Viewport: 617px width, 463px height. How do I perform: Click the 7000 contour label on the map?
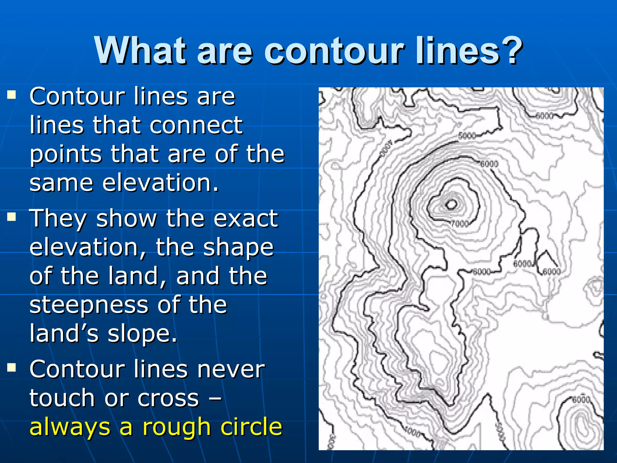tap(460, 224)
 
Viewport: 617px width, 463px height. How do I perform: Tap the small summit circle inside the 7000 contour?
tap(451, 205)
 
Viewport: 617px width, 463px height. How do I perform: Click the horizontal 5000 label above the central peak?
tap(467, 136)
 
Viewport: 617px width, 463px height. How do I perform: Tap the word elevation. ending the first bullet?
tap(160, 183)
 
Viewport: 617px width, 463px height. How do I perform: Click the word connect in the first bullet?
tap(196, 125)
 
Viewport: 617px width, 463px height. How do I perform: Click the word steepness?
tap(89, 305)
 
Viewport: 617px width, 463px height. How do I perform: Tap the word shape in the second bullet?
tap(238, 247)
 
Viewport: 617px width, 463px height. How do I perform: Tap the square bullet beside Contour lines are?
tap(12, 95)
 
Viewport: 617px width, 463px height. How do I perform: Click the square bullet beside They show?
tap(12, 217)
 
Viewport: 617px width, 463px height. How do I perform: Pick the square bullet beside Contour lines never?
tap(12, 367)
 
